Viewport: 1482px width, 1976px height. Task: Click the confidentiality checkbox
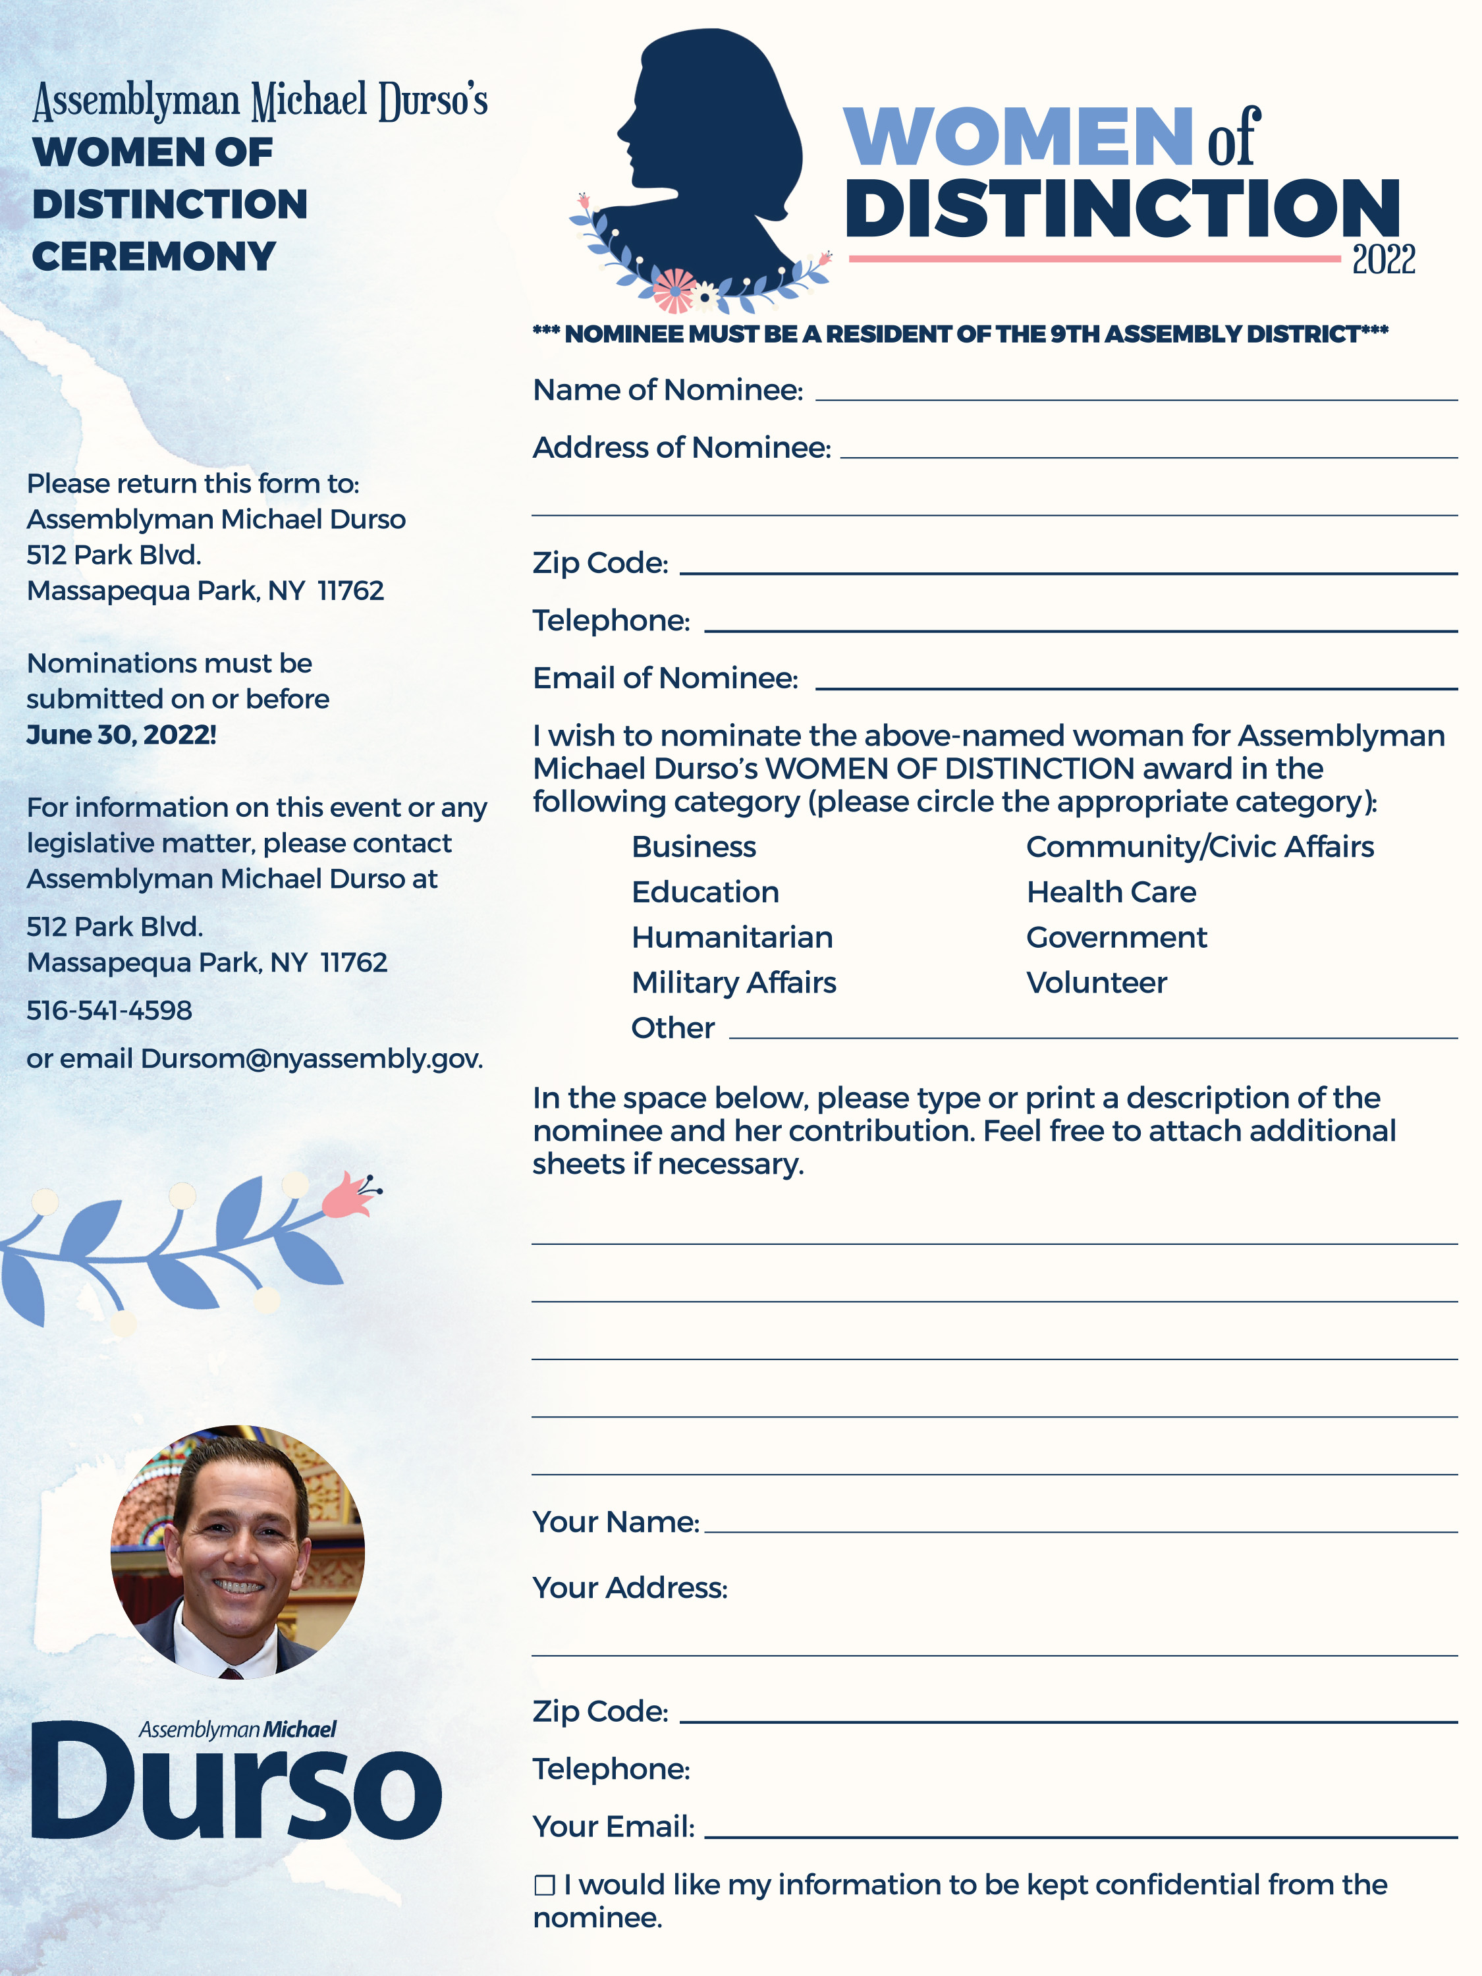point(544,1885)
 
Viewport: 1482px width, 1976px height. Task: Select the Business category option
point(693,847)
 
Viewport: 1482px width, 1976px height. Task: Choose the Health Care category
point(1111,892)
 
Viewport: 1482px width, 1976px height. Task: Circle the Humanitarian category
point(732,937)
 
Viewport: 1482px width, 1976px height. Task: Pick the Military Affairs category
point(733,983)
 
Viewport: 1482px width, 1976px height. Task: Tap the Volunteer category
point(1096,983)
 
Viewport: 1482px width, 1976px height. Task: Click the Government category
point(1116,937)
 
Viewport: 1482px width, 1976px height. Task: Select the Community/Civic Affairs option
point(1199,847)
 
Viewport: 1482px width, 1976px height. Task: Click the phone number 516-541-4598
point(109,1010)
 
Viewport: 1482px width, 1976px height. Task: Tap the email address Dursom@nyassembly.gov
point(311,1058)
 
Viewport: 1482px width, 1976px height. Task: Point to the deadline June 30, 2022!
point(121,734)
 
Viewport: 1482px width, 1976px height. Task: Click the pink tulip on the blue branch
point(349,1196)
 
